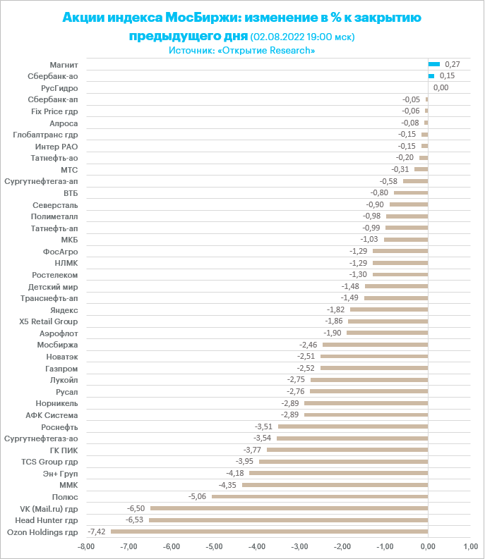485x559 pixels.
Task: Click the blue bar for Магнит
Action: point(434,64)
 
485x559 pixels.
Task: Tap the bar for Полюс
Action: point(320,496)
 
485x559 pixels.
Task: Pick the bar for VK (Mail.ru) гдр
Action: point(289,508)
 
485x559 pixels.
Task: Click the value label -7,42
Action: point(96,532)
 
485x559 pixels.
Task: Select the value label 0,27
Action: point(453,64)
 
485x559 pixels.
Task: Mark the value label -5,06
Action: point(197,496)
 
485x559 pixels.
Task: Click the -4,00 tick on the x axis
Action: point(257,546)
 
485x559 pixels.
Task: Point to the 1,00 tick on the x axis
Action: point(470,546)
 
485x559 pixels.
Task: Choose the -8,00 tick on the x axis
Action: point(86,546)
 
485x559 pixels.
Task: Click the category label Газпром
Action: point(61,368)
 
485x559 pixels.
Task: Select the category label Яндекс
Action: point(64,309)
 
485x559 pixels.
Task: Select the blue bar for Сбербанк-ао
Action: point(431,75)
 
